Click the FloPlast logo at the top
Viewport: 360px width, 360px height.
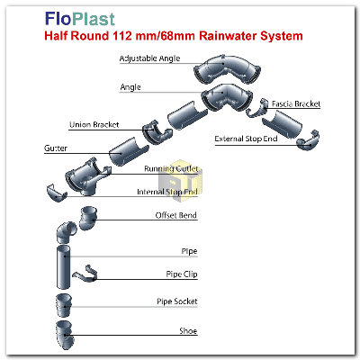coord(80,19)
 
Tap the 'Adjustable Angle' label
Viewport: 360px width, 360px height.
coord(149,58)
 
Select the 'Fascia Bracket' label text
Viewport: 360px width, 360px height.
coord(296,103)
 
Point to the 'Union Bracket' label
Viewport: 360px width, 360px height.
coord(94,125)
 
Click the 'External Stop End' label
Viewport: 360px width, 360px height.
coord(246,139)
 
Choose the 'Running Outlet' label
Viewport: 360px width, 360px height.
coord(171,168)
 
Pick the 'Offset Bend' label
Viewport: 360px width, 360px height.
coord(176,215)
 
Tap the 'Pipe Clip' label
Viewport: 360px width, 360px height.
coord(182,274)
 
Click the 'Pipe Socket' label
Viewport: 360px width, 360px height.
coord(177,301)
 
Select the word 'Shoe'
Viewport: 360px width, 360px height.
coord(188,331)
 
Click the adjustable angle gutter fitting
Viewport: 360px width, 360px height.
coord(227,70)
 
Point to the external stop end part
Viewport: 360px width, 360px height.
coord(308,140)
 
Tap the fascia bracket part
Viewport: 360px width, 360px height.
coord(256,108)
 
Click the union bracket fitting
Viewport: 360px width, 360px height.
coord(157,132)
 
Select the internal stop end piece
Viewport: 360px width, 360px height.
coord(57,193)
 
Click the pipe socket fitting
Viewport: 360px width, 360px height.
coord(64,305)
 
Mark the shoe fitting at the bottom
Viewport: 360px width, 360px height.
coord(65,335)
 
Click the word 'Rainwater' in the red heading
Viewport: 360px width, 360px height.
coord(227,36)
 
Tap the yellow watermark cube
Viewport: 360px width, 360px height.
coord(180,181)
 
